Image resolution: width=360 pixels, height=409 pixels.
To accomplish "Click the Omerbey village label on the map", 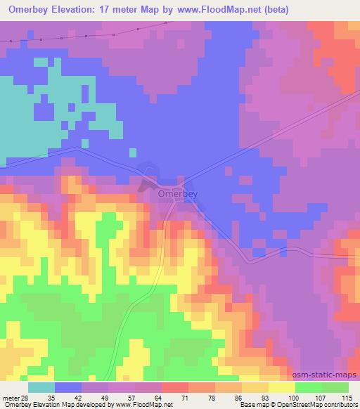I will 177,193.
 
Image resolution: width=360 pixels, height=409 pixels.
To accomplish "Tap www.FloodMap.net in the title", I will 221,10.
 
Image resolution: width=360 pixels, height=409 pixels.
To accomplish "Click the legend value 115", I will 347,397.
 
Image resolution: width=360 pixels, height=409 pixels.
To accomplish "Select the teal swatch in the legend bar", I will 41,387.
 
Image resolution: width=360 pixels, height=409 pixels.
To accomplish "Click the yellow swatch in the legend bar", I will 281,387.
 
